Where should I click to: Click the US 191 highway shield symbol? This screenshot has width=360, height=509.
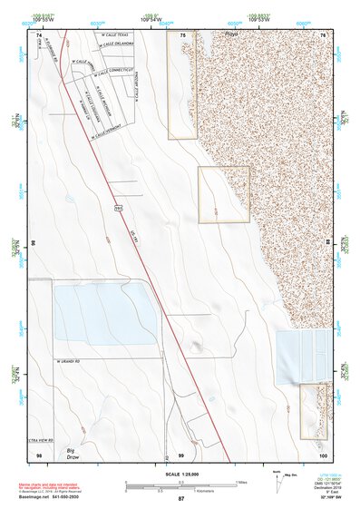(x=118, y=208)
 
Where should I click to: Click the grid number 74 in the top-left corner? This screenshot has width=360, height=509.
(x=39, y=34)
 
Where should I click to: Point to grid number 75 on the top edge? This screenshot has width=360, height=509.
(x=182, y=34)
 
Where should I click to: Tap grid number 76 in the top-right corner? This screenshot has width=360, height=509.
(x=322, y=34)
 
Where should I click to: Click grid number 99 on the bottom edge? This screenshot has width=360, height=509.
(x=181, y=455)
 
